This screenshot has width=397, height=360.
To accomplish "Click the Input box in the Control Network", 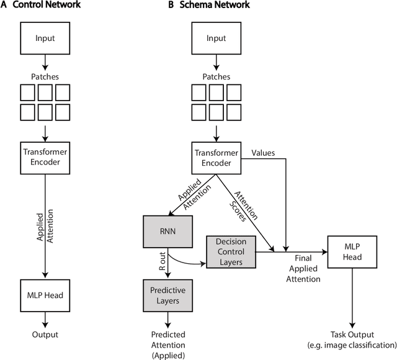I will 45,38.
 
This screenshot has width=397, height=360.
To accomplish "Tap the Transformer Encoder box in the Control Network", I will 45,158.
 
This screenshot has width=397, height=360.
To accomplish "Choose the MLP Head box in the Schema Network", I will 352,251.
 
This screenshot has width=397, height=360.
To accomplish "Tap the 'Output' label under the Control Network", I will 45,335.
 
